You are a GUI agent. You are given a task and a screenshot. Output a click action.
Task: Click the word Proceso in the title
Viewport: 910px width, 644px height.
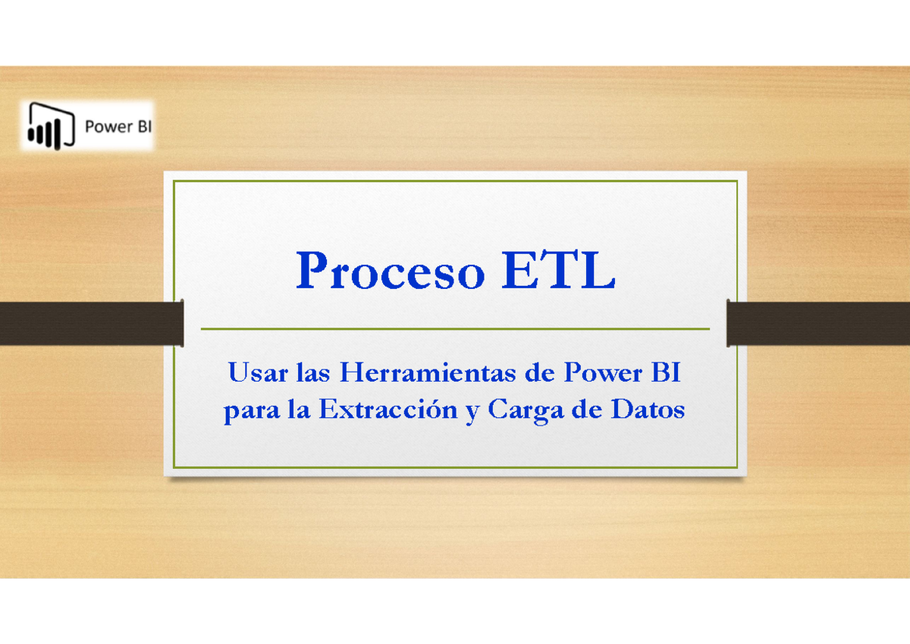pos(390,271)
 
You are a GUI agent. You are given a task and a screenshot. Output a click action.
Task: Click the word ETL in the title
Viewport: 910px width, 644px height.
pos(557,271)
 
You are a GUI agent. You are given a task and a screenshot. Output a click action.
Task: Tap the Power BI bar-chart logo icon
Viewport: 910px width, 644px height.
pos(51,126)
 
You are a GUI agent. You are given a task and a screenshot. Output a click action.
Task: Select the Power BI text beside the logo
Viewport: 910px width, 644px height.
pos(118,127)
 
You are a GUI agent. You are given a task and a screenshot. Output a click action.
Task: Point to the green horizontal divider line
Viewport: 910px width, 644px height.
pos(455,329)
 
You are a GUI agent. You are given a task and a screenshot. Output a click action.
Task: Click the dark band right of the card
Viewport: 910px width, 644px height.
pos(818,323)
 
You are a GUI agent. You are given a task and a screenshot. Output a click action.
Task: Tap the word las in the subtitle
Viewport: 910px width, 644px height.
pos(309,373)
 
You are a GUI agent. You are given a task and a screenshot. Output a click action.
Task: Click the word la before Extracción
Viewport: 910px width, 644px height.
pos(298,410)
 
